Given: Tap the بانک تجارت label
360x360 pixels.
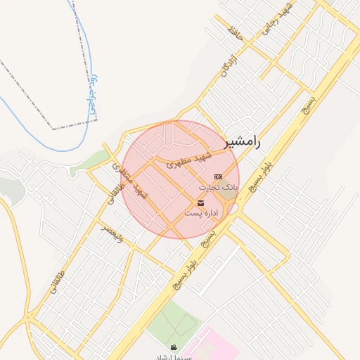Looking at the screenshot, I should click(219, 188).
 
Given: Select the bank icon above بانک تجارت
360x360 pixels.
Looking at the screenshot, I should click(218, 176).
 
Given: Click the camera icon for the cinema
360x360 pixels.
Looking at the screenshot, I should click(174, 347).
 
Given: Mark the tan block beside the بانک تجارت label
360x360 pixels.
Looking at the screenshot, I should click(230, 197).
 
